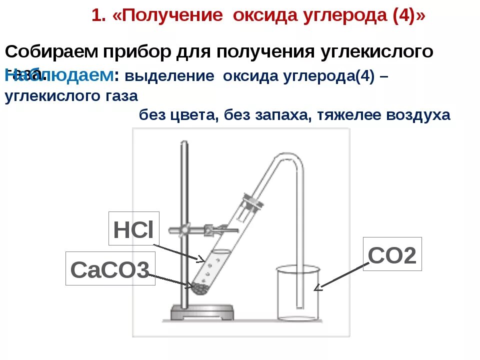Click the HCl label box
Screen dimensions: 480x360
(x=133, y=228)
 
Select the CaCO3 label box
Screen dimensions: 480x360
(x=110, y=270)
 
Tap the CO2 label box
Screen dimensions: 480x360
(x=392, y=254)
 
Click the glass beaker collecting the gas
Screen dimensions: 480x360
(x=298, y=295)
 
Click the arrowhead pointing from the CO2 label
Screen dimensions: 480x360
(x=317, y=287)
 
